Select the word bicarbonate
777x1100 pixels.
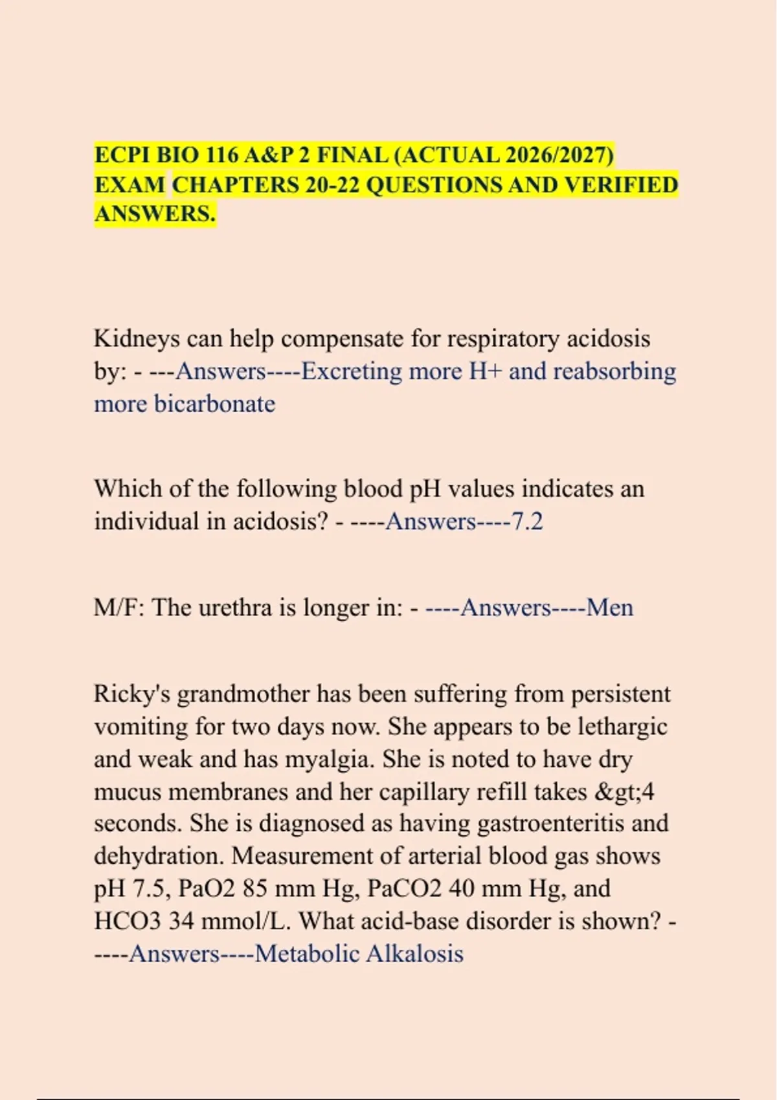point(214,404)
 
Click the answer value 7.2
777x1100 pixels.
point(527,522)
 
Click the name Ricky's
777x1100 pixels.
point(131,694)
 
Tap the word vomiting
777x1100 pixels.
point(141,727)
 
